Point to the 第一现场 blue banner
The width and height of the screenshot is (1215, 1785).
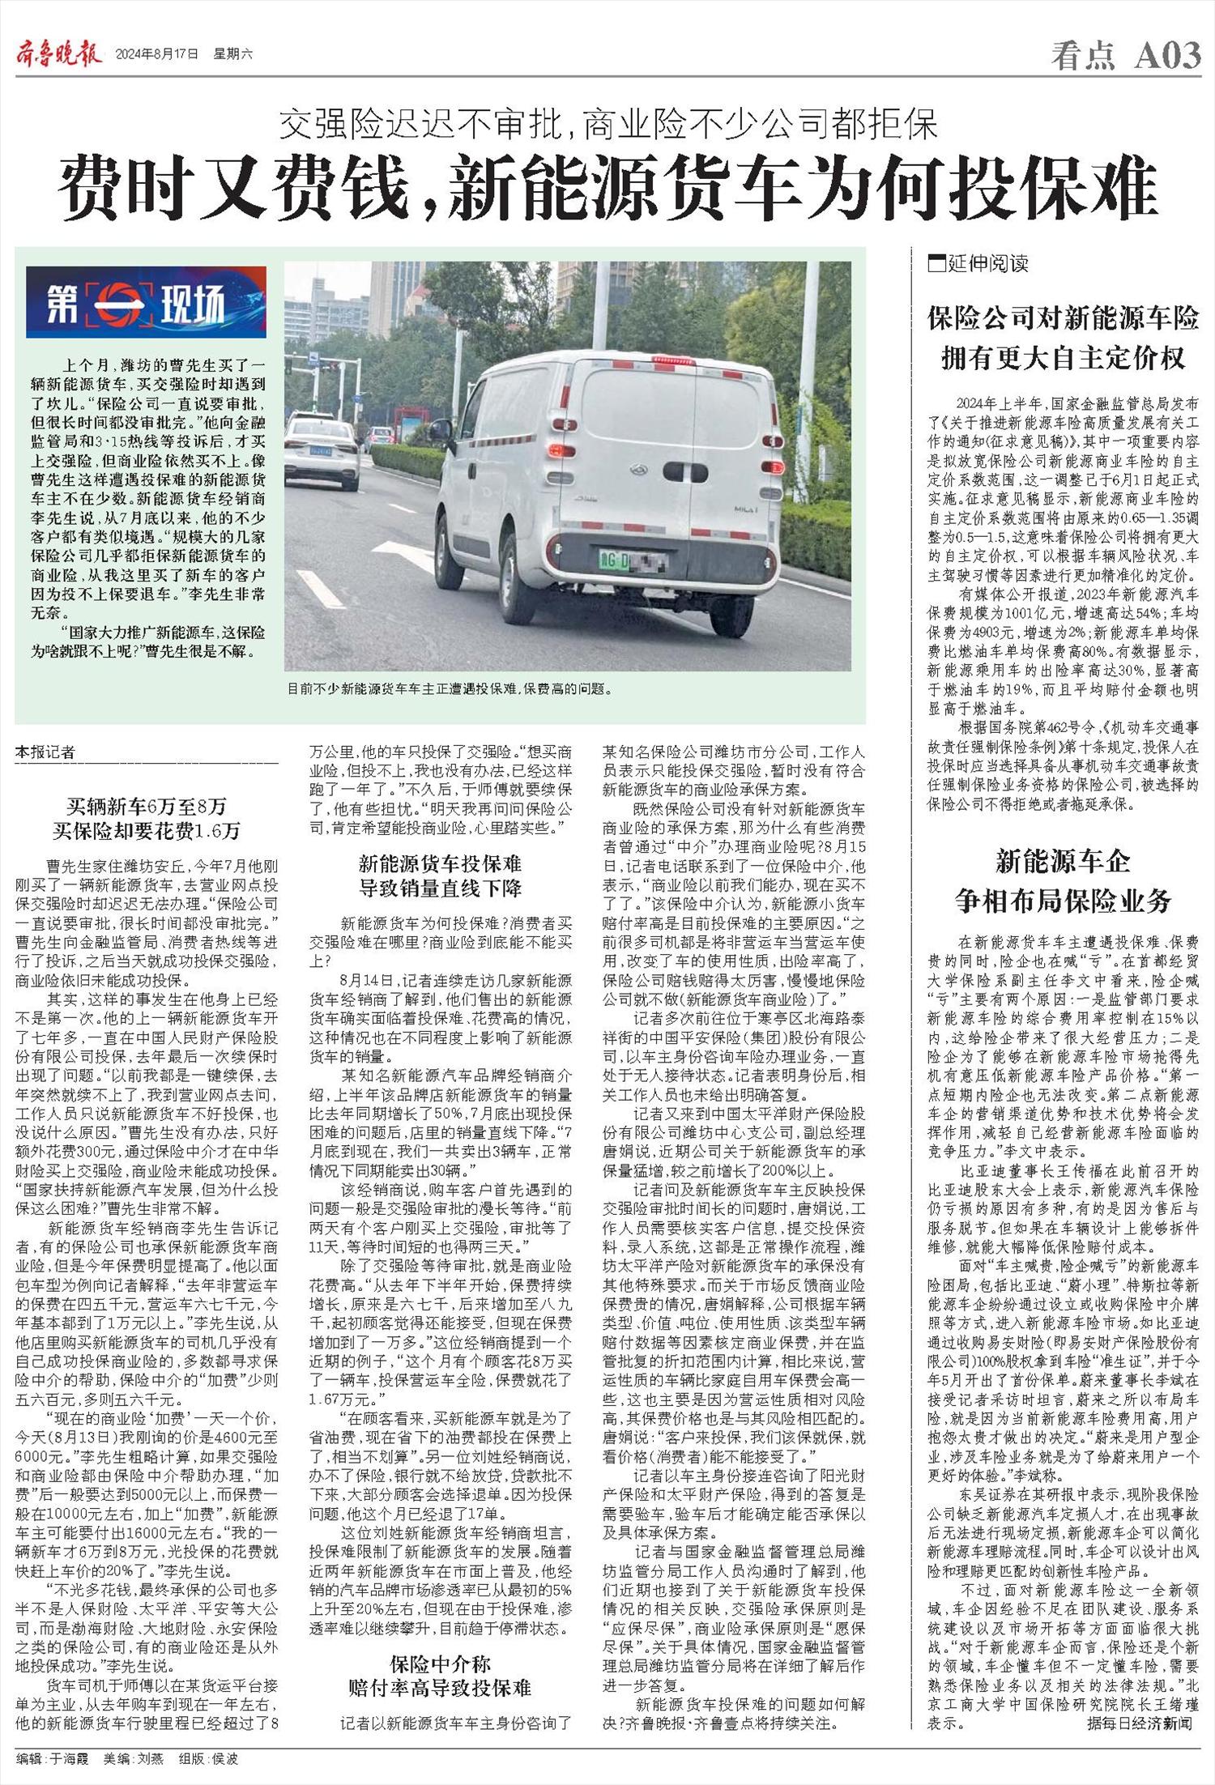click(146, 302)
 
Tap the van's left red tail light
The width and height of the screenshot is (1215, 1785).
click(556, 449)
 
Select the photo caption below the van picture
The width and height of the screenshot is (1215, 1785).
click(450, 689)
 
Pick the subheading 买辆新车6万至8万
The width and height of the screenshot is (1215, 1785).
click(147, 807)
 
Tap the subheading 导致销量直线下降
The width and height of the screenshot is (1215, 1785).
click(441, 888)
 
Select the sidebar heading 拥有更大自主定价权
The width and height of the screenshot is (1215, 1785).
click(1063, 357)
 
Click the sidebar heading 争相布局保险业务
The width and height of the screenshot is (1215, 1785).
click(1063, 901)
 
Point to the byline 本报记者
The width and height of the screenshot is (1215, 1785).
click(45, 753)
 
